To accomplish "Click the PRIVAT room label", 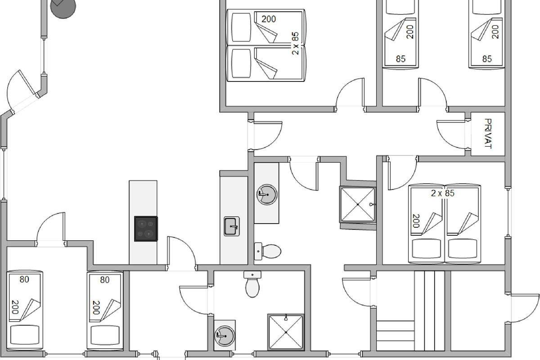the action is click(488, 134).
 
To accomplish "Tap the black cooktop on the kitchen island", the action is click(146, 229).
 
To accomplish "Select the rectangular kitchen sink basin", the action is click(232, 226).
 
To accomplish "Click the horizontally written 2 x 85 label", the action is click(443, 193).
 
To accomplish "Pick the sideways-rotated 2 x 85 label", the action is click(295, 43).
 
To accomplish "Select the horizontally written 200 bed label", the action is click(269, 19).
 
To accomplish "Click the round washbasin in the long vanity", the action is click(266, 194).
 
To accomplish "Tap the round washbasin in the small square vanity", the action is click(225, 336).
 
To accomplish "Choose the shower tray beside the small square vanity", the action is click(286, 332).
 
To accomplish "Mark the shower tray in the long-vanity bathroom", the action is click(358, 204).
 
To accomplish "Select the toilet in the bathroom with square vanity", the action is click(252, 284).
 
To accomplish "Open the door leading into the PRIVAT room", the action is click(451, 134).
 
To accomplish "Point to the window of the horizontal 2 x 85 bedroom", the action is click(508, 212).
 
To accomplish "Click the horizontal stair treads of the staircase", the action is click(396, 336).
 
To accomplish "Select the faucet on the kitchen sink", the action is click(234, 227).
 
